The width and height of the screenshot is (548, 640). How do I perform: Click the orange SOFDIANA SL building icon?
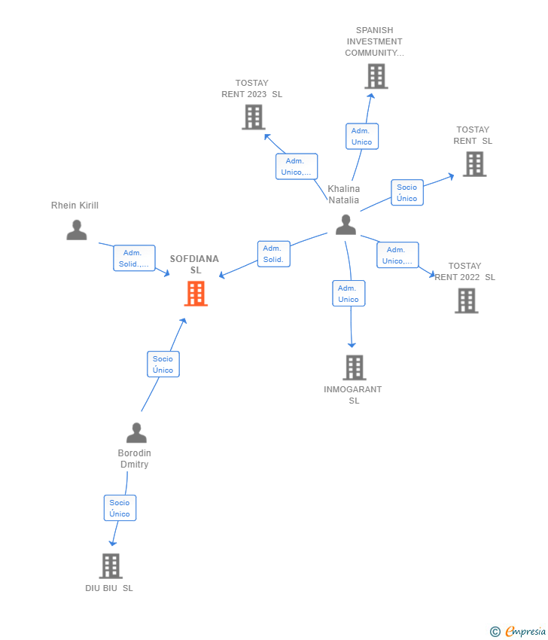pos(196,294)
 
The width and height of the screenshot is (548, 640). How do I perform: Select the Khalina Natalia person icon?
pos(346,225)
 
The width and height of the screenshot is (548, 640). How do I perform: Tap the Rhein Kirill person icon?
pos(77,230)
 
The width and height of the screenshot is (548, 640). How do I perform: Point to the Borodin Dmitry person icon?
pos(136,433)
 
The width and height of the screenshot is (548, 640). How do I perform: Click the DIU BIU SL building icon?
pos(111,566)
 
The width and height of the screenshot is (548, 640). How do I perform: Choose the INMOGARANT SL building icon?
pos(355,367)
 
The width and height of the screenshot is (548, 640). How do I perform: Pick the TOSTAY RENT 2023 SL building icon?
pos(254,117)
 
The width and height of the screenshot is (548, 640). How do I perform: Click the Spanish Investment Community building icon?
pos(376,76)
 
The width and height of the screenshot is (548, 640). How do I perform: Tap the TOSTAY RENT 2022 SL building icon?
pos(467,301)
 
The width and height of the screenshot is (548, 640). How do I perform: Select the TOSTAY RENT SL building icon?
pos(474,164)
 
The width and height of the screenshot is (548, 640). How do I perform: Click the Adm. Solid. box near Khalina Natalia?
pos(274,254)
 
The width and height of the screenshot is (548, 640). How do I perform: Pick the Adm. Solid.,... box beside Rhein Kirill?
pos(134,258)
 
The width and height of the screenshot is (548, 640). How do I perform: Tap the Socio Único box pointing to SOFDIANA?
pos(163,364)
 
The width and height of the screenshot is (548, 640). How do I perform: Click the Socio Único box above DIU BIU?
pos(120,507)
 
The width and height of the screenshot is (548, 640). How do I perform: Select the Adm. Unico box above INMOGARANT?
pos(349,294)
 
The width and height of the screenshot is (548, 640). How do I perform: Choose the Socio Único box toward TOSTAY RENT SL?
pos(407,192)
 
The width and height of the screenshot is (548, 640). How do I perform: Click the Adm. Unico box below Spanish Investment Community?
pos(362,136)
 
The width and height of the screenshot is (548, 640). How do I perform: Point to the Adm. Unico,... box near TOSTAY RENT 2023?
pos(297,166)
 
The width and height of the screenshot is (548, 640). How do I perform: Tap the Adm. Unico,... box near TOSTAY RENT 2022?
pos(398,255)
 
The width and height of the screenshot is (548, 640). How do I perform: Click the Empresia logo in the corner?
pos(517,631)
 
